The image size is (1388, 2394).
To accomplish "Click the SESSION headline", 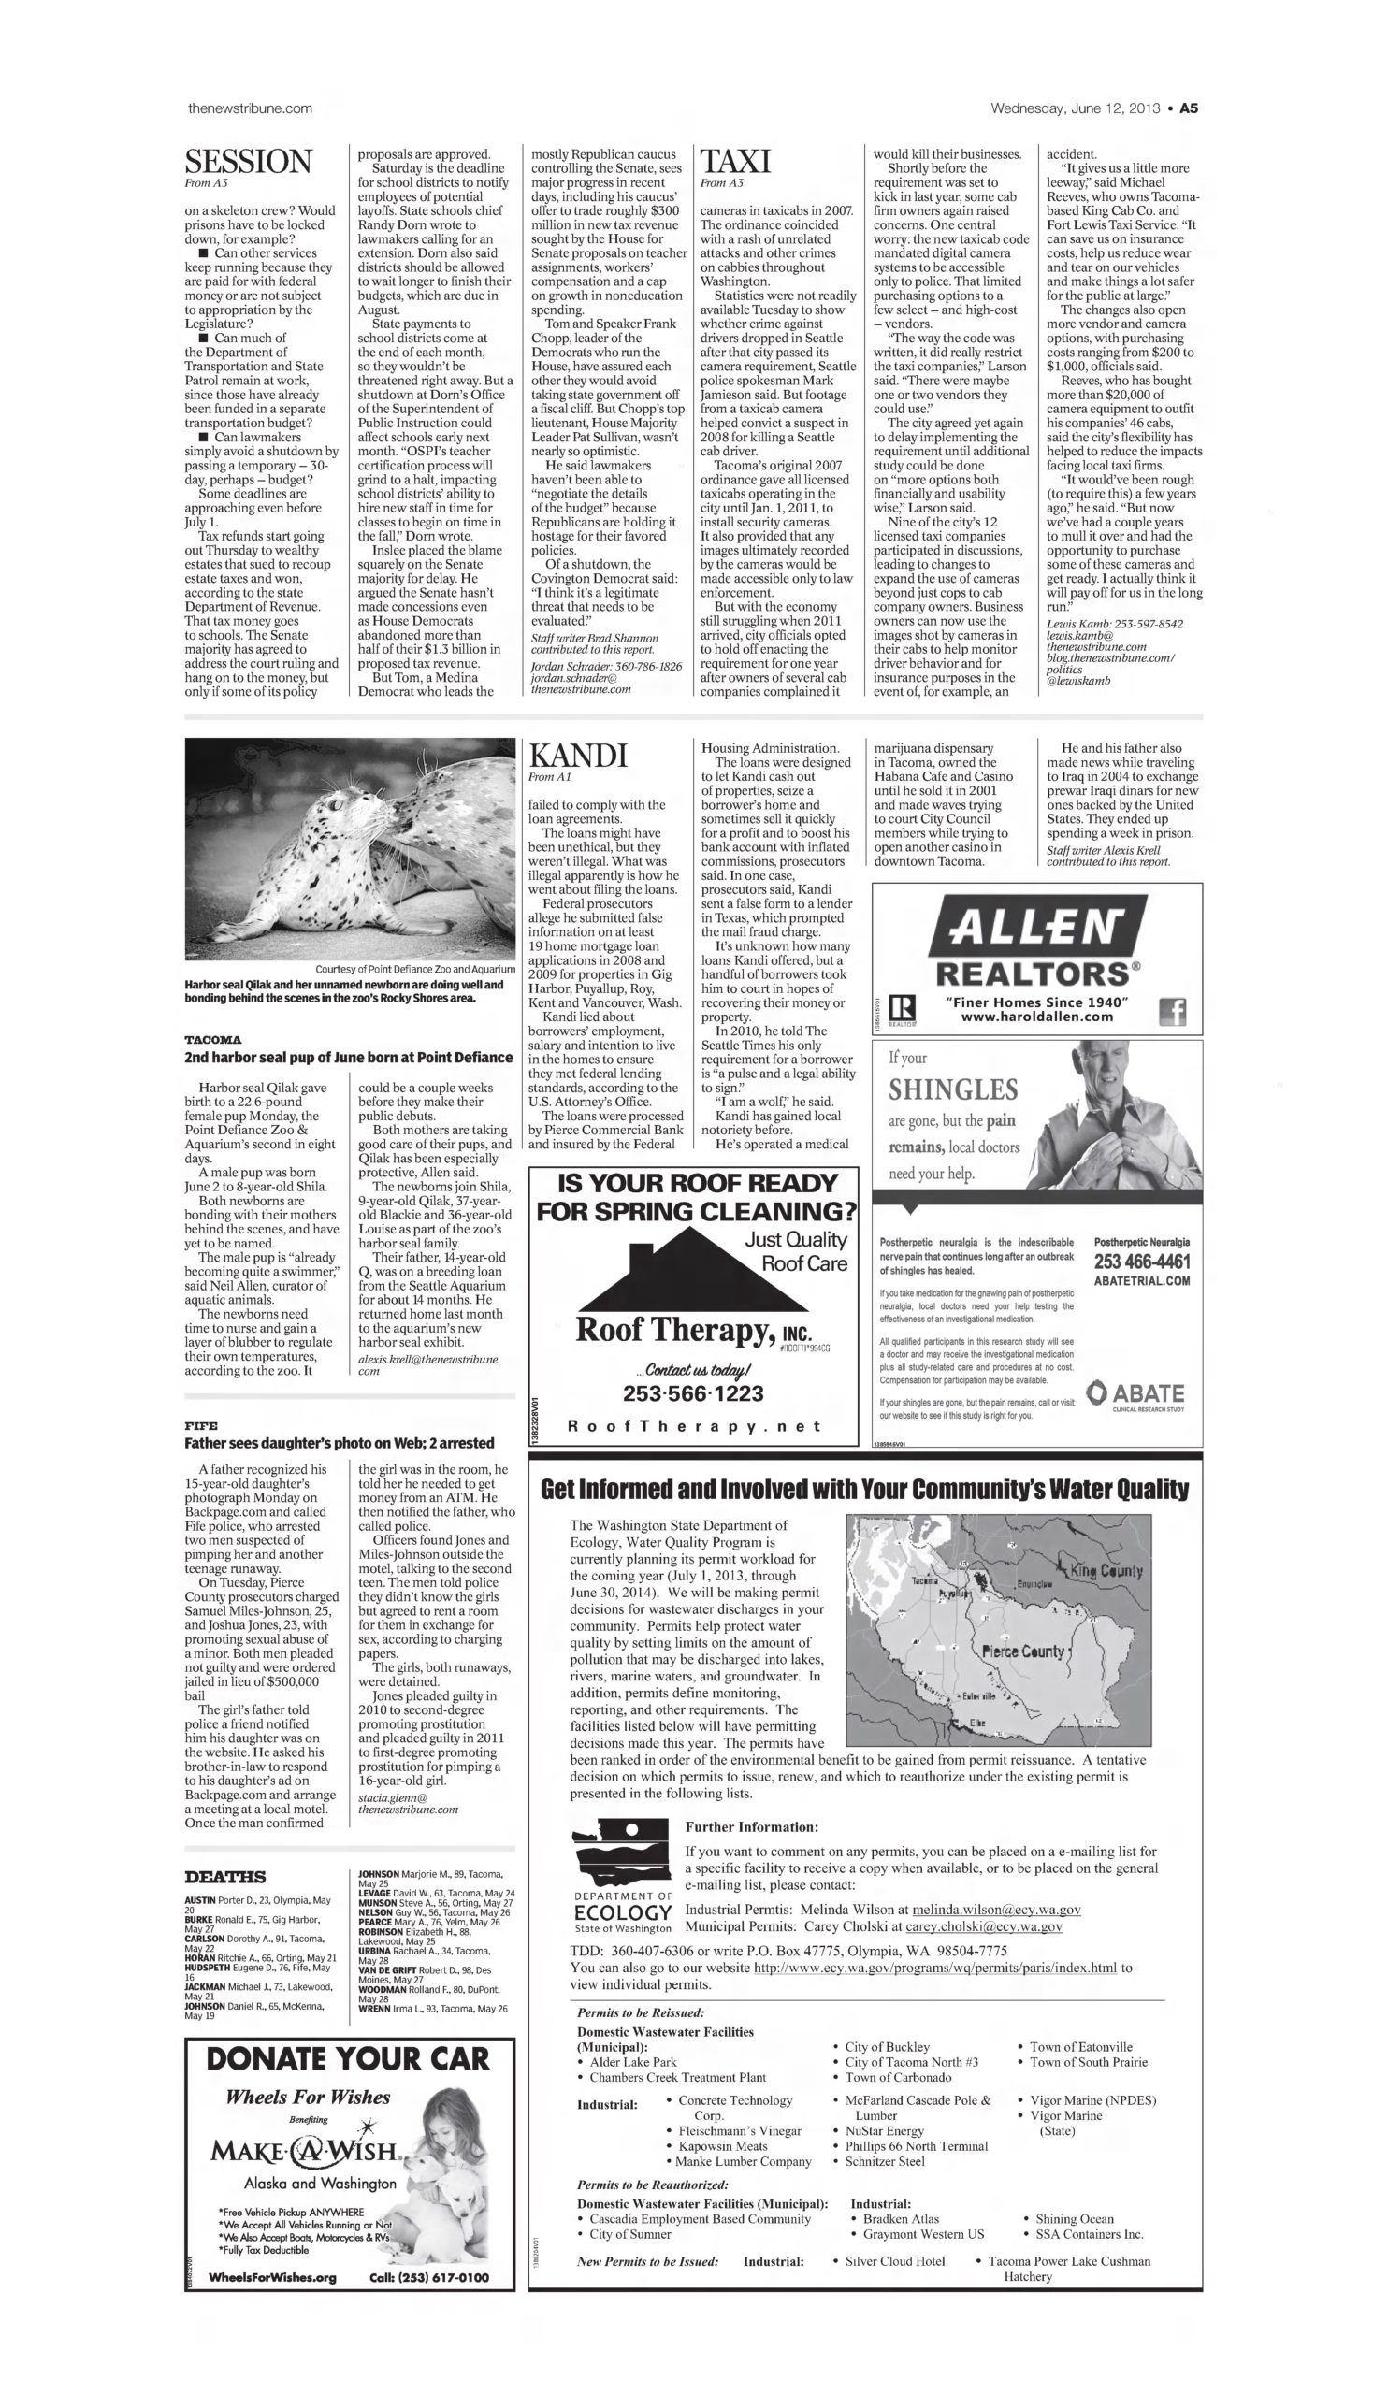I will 248,161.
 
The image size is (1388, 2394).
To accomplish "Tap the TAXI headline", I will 734,161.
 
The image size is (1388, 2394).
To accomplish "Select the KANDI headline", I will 578,757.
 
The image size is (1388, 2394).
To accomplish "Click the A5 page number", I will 1189,108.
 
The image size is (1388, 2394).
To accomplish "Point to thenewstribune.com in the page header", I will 250,108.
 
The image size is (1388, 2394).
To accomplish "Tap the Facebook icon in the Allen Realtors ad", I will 1173,1013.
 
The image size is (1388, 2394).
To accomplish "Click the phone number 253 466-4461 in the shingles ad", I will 1141,1262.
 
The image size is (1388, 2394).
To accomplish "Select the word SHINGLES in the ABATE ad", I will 953,1089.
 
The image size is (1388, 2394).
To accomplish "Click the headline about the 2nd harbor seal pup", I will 349,1058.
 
